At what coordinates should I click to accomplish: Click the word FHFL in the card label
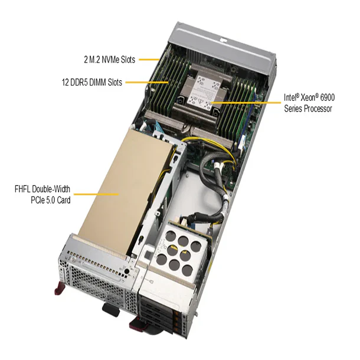[25, 189]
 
